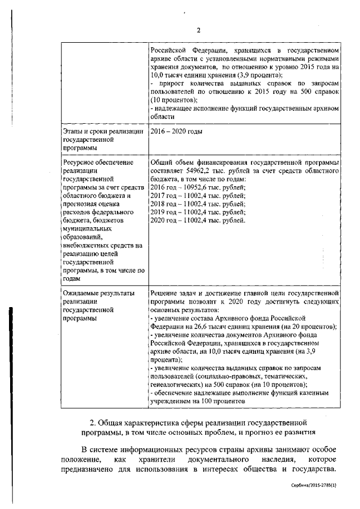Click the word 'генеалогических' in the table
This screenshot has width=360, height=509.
(177, 385)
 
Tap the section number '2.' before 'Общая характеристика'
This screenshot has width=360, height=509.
(93, 422)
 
